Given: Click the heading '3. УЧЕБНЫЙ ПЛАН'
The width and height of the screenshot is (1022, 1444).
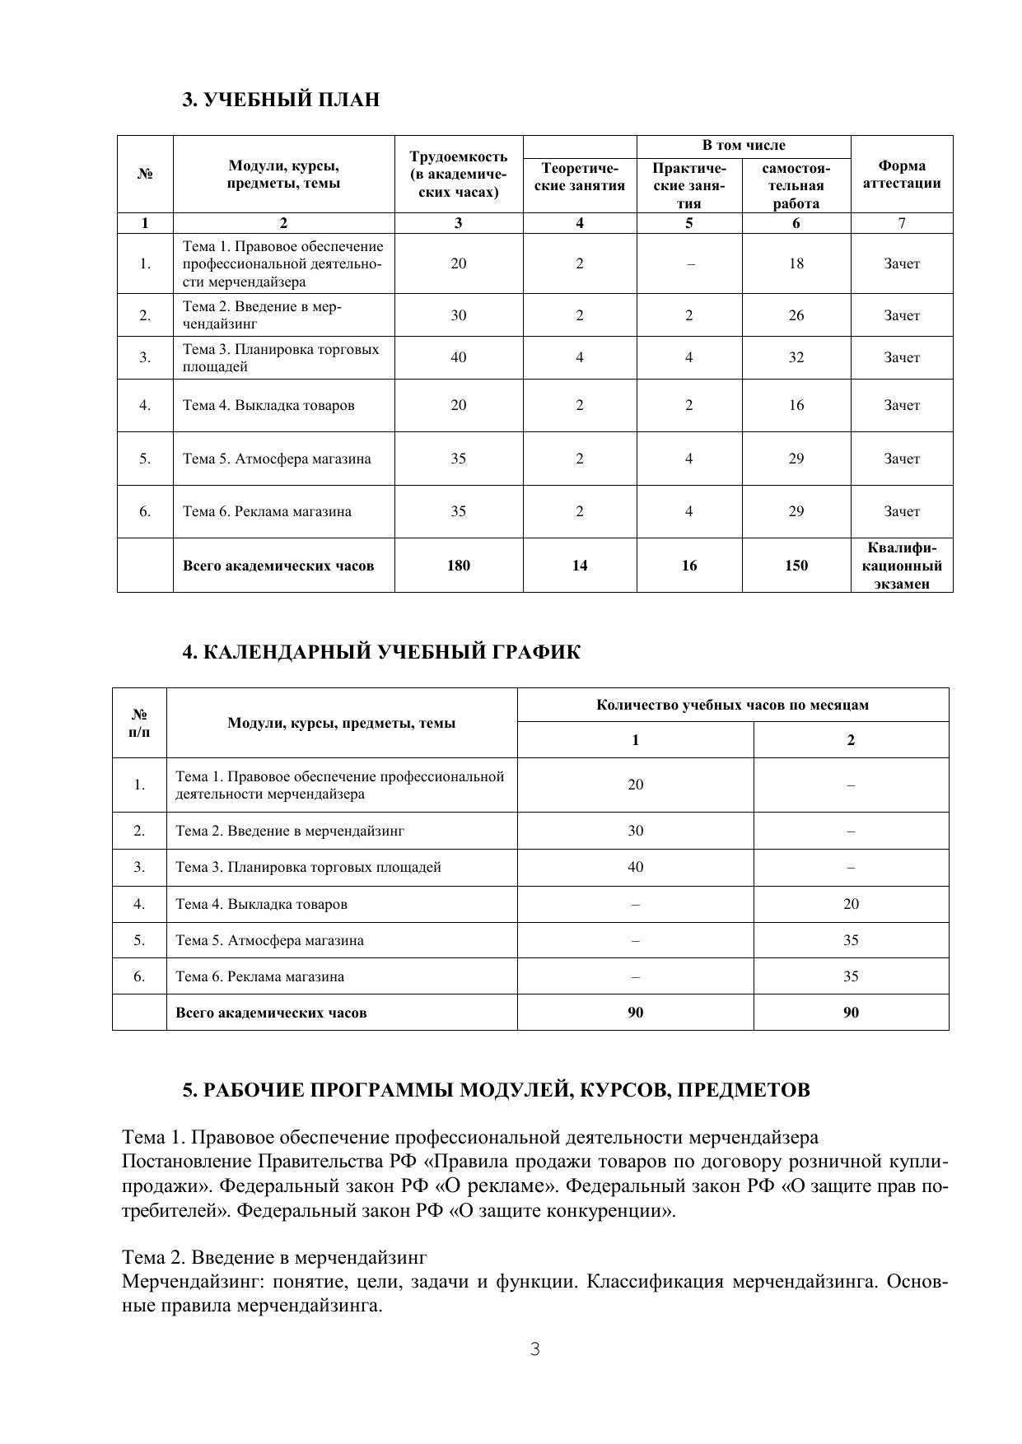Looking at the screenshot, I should (x=281, y=100).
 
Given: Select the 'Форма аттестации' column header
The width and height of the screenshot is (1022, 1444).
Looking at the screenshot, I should (x=901, y=175).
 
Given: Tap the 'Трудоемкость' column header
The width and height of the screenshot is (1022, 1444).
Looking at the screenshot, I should (x=458, y=175).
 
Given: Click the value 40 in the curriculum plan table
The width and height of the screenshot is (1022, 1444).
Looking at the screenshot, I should (x=458, y=357).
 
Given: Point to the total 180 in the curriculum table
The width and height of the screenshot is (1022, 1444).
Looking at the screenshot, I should (x=458, y=566).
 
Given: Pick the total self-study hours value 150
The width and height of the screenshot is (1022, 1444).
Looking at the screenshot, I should (x=796, y=566).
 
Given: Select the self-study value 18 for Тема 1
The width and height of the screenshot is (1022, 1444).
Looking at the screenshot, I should (x=796, y=263).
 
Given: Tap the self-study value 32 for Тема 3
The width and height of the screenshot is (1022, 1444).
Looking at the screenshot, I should (x=796, y=357).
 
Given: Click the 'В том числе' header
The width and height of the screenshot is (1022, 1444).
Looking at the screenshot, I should (x=743, y=146).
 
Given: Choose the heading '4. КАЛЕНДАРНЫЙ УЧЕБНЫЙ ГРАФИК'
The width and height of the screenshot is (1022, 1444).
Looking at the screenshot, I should (x=380, y=653).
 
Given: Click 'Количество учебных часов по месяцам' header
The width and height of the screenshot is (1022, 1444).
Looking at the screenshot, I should (x=732, y=706).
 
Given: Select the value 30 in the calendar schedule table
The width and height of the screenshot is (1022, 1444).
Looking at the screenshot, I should (x=635, y=831).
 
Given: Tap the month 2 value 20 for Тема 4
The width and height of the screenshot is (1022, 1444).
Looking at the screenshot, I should (x=851, y=904).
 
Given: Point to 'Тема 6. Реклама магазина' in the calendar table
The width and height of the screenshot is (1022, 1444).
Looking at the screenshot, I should (x=259, y=977).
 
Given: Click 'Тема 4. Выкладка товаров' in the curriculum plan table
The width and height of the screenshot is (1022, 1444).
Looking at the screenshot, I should (x=268, y=405).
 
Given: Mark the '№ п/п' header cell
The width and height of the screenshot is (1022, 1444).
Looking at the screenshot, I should (x=139, y=723).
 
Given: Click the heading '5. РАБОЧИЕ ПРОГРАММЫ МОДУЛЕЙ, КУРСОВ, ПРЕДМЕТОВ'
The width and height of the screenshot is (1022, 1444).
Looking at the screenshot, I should (x=496, y=1090).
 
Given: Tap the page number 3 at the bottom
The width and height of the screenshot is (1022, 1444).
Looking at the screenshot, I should (x=535, y=1349).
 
